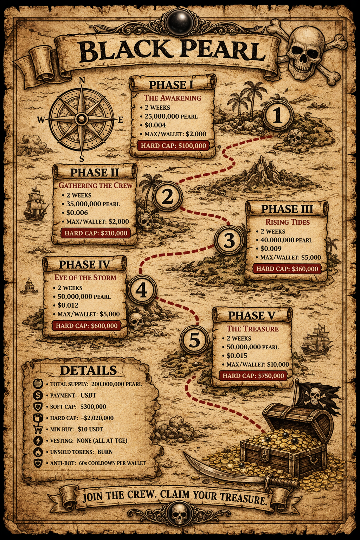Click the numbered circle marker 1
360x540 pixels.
(x=278, y=115)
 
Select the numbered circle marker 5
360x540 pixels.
(x=194, y=340)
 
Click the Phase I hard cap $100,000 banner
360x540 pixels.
(x=173, y=146)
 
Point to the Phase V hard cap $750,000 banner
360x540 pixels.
(x=253, y=375)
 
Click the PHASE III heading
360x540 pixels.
(x=287, y=209)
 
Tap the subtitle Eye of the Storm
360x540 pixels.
(x=85, y=277)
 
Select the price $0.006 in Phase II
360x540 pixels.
(x=77, y=213)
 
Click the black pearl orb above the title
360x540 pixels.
(x=180, y=21)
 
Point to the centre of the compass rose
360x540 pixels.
(x=82, y=119)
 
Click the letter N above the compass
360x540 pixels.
(x=82, y=81)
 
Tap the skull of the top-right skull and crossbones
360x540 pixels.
(x=304, y=49)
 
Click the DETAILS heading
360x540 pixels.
(x=88, y=370)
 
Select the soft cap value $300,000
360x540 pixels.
(x=93, y=406)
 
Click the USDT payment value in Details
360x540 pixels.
(x=88, y=395)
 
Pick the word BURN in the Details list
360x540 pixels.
(x=105, y=452)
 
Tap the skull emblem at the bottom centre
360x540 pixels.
(x=180, y=513)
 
